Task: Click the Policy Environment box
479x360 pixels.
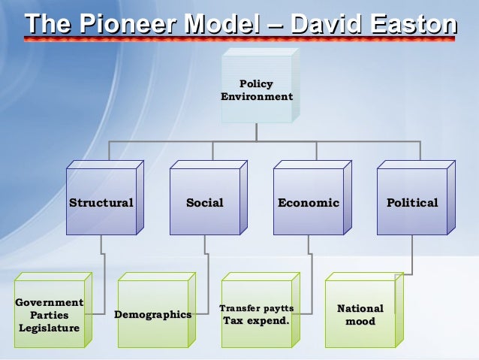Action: click(257, 90)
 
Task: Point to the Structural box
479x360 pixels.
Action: click(101, 202)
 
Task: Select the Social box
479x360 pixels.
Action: click(204, 202)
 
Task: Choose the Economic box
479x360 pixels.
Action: click(308, 202)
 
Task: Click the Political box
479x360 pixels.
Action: click(411, 202)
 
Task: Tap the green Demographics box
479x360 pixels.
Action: click(152, 314)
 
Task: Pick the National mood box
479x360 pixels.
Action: click(360, 314)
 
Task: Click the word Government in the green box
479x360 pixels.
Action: click(49, 302)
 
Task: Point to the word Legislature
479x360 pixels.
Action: click(49, 328)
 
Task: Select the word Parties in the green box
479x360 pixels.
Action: click(49, 315)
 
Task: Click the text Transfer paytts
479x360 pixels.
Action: click(256, 308)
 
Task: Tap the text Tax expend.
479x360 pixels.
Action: click(256, 321)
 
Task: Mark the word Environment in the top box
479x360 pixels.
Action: click(257, 97)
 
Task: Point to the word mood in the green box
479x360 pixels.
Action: click(360, 322)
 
